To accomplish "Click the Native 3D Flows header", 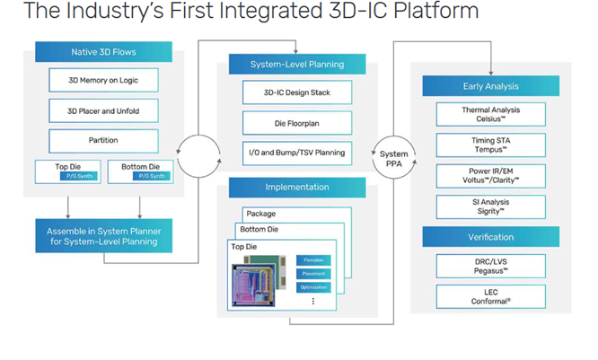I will point(103,52).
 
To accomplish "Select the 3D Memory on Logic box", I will point(103,80).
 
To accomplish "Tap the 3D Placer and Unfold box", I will point(103,111).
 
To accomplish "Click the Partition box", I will point(103,141).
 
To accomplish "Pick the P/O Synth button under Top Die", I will point(66,176).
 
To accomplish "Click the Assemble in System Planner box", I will point(103,235).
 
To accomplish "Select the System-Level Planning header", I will point(297,64).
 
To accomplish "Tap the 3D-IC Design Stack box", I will point(297,92).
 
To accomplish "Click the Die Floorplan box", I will point(297,122).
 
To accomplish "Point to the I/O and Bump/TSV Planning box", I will point(297,153).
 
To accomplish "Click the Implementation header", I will point(297,187).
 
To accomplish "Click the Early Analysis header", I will point(490,85).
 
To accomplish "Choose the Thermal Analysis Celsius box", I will point(490,114).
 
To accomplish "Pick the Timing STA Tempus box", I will point(490,145).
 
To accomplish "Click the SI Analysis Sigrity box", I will point(490,206).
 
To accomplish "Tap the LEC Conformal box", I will point(490,295).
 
